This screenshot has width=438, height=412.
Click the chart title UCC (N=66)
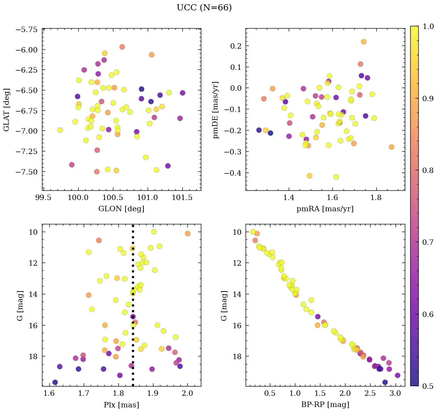204,8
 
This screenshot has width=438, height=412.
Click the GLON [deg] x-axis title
121,209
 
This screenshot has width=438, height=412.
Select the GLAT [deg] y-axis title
7,110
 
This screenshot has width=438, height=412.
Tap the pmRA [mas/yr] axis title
325,209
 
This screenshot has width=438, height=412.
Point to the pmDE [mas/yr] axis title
216,110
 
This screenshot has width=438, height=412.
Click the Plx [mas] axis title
121,405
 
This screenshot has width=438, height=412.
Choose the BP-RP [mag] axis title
325,405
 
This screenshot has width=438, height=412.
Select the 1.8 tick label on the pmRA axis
376,198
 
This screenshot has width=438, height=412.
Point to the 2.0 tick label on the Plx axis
188,394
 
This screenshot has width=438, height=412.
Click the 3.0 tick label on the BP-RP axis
395,394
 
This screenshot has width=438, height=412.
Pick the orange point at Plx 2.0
188,234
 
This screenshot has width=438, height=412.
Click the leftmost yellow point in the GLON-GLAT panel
60,130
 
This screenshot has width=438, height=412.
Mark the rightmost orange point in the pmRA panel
391,147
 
